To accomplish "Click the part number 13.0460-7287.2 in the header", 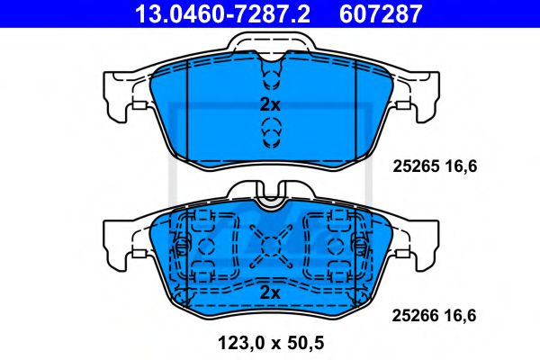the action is point(222,13).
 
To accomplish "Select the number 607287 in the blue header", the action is point(381,13).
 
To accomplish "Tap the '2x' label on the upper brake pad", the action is point(270,104).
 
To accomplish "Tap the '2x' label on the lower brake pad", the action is point(270,292).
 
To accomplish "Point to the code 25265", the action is point(416,166).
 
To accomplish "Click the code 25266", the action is point(415,316).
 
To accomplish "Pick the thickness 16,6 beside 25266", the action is point(460,316).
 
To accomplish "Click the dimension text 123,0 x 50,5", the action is point(271,343).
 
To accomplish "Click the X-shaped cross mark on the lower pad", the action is point(271,247).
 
